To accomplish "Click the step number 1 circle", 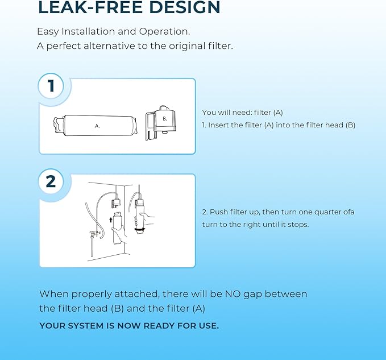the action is click(x=51, y=86).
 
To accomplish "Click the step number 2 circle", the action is click(x=51, y=181).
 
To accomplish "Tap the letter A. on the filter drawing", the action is click(x=97, y=126).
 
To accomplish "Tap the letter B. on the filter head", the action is click(x=165, y=119).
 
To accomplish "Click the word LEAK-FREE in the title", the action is click(x=90, y=7).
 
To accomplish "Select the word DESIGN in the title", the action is click(x=185, y=7).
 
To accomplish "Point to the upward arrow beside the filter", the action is click(x=111, y=220).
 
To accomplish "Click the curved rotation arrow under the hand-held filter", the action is click(x=140, y=230).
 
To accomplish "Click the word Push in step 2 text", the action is click(x=218, y=212).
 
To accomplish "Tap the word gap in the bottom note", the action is click(x=252, y=295).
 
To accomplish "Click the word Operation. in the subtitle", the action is click(x=164, y=32).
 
